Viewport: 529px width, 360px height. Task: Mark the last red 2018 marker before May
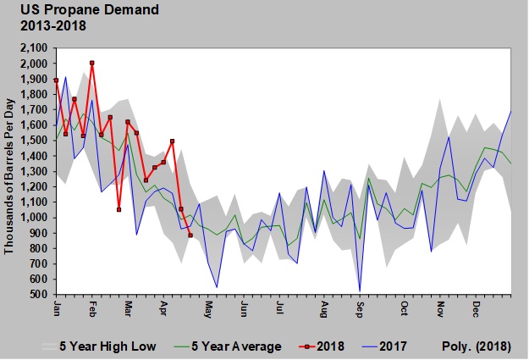tap(190, 235)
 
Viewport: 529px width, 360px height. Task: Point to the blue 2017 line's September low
tap(361, 291)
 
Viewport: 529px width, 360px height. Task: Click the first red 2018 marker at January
tap(56, 80)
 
